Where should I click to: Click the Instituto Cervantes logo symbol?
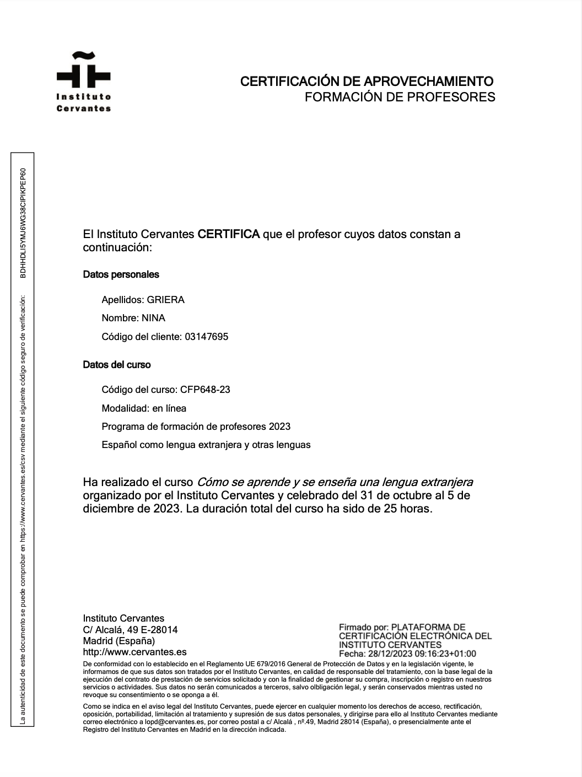click(83, 71)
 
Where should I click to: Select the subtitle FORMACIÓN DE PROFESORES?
click(400, 98)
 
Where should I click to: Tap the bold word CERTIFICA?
click(228, 234)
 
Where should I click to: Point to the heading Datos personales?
click(121, 274)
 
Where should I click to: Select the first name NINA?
click(153, 318)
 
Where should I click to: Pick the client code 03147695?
click(204, 337)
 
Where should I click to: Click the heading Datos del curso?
click(116, 365)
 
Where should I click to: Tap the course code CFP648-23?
click(205, 390)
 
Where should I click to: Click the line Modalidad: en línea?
click(144, 408)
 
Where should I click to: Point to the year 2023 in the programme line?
click(279, 427)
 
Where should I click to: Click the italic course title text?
click(335, 482)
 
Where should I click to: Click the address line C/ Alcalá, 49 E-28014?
click(130, 630)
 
